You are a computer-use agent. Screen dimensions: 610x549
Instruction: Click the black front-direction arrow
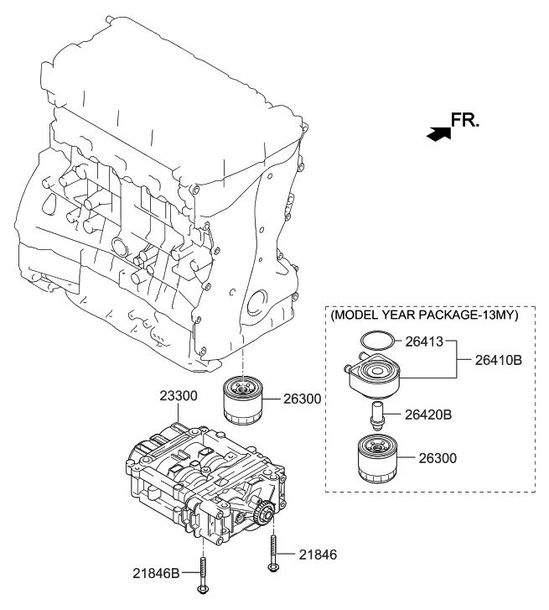point(437,133)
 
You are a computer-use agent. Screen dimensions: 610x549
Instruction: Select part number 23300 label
point(180,394)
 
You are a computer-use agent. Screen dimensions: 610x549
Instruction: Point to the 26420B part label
point(430,414)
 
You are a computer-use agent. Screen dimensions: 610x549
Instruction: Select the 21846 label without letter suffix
point(318,555)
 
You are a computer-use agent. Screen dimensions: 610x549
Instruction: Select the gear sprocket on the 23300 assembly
point(265,511)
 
